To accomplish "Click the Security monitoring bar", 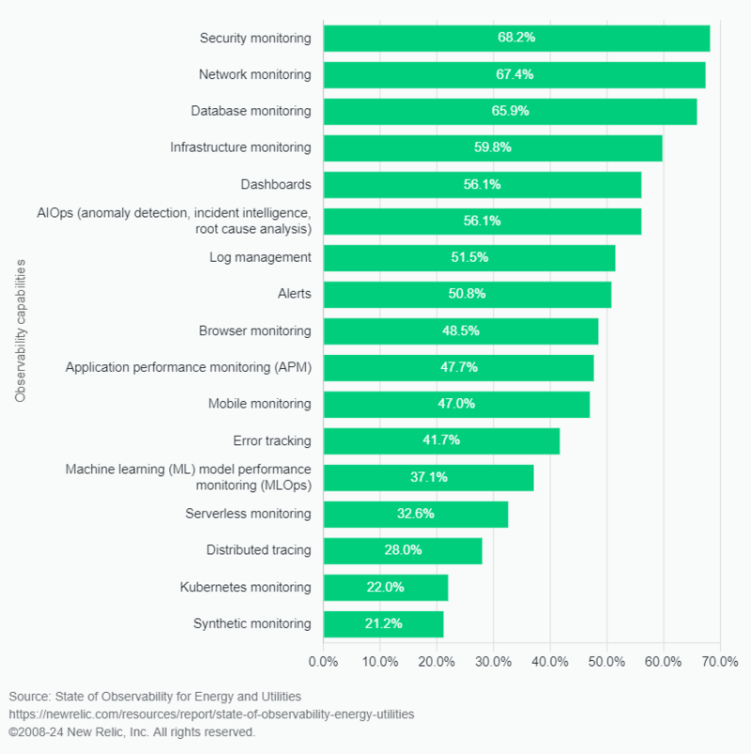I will (516, 38).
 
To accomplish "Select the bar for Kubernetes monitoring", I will (385, 588).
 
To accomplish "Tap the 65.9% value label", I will (511, 111).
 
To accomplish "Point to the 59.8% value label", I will (493, 147).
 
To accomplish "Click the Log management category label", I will (260, 257).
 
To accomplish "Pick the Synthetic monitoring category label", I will (252, 623).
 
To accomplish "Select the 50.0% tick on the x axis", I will (606, 662).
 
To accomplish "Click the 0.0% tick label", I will (324, 662).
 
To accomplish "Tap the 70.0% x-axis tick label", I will (720, 662).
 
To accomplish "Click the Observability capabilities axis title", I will (20, 331).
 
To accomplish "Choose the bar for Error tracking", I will (441, 440).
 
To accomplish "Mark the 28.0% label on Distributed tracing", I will (403, 550).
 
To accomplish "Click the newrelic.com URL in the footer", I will (211, 714).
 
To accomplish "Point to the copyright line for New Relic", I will (131, 731).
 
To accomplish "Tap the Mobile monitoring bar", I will (456, 404).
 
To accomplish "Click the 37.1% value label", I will (429, 477).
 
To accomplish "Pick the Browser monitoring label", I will (254, 331).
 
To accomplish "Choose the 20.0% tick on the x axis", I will (437, 662).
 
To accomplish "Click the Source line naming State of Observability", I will (155, 697).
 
